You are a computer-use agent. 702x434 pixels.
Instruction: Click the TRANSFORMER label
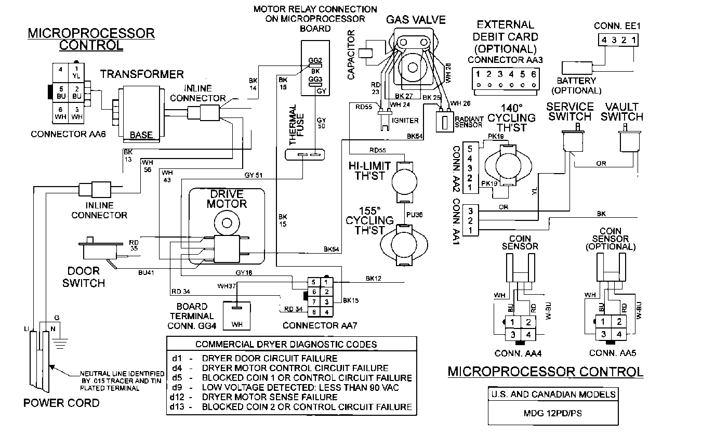tap(141, 74)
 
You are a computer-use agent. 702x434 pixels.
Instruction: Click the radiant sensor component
tap(444, 123)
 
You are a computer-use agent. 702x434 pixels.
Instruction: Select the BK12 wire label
tap(374, 279)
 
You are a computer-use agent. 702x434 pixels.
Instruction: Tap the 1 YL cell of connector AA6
tap(77, 72)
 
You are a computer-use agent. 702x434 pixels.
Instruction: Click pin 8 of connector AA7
tap(313, 312)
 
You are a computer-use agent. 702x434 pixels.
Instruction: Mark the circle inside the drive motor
tap(227, 223)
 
